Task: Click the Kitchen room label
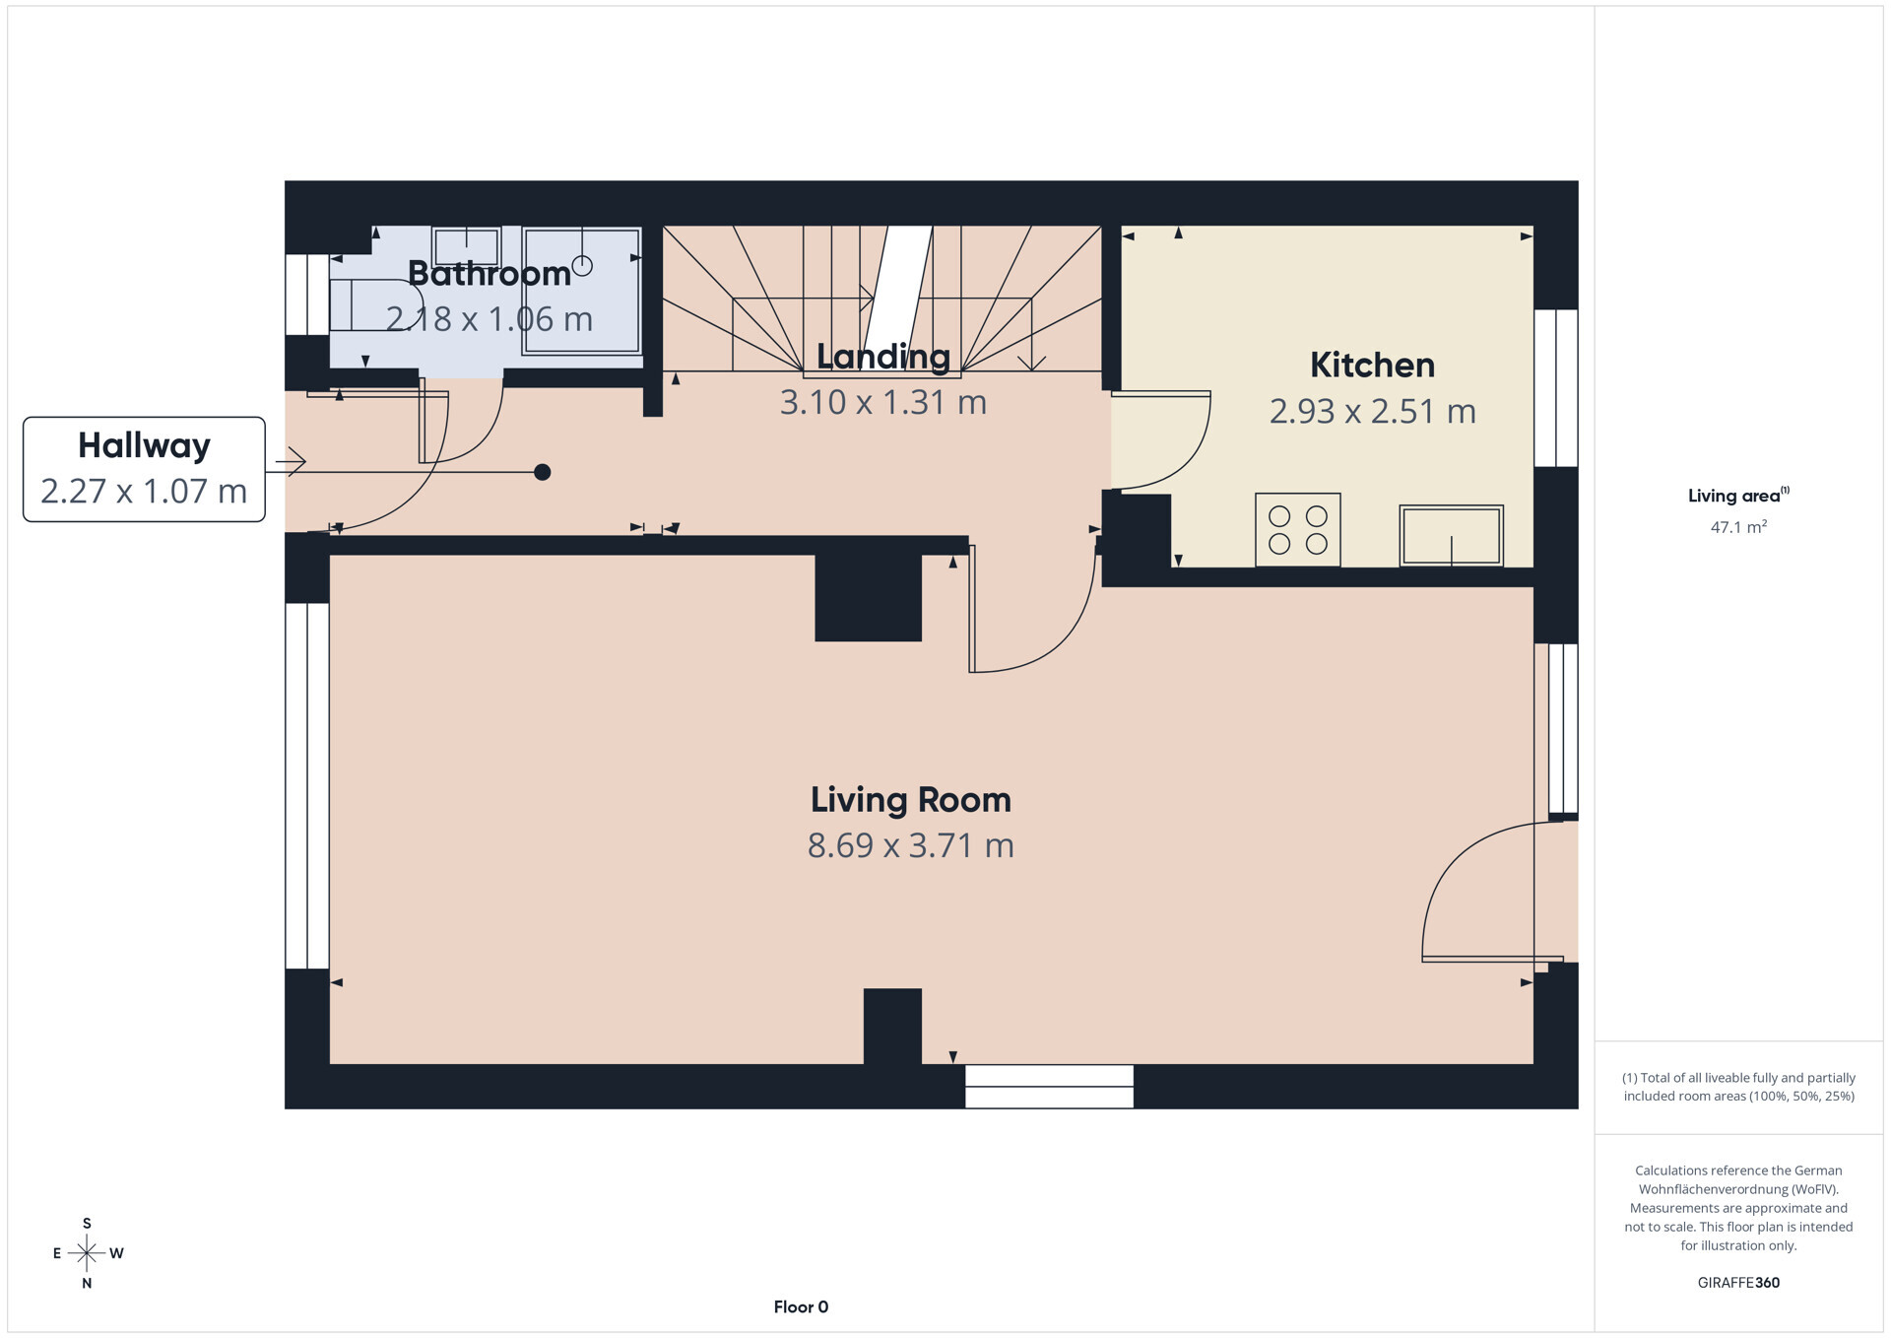[1371, 366]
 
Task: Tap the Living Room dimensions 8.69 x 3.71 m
[910, 845]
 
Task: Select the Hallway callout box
[144, 469]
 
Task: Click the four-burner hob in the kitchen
[1297, 530]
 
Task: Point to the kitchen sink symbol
[1451, 535]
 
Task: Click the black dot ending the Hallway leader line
[542, 472]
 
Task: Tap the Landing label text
[883, 357]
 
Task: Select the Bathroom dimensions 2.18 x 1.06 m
[489, 319]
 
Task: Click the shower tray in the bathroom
[581, 291]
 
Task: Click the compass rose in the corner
[87, 1253]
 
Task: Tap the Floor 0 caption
[801, 1307]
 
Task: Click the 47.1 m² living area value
[1738, 527]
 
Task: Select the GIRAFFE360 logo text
[1738, 1283]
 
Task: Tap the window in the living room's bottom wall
[1049, 1086]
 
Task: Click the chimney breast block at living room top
[868, 597]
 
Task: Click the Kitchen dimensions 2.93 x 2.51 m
[1371, 412]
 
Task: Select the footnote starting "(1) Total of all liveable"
[1738, 1087]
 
